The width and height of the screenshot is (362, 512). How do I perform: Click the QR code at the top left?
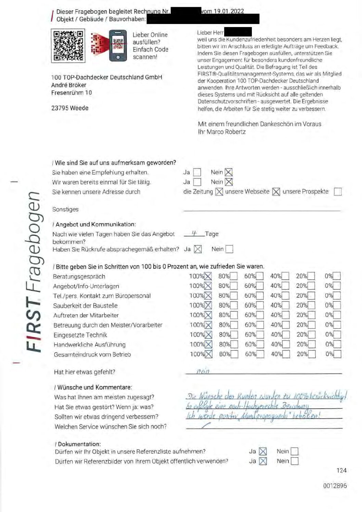pyautogui.click(x=68, y=46)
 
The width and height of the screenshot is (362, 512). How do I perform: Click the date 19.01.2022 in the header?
pyautogui.click(x=229, y=11)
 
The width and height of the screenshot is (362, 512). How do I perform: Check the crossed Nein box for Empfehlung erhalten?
pyautogui.click(x=229, y=172)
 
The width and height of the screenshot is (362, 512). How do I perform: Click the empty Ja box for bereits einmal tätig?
pyautogui.click(x=197, y=182)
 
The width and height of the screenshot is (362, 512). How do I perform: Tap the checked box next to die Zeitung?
pyautogui.click(x=219, y=192)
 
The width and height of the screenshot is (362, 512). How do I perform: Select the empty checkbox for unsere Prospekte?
pyautogui.click(x=337, y=192)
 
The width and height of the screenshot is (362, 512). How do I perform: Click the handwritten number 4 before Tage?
pyautogui.click(x=194, y=234)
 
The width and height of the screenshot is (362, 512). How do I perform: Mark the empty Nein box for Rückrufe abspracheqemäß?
pyautogui.click(x=229, y=249)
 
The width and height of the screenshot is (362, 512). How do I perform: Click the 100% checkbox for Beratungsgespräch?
pyautogui.click(x=208, y=276)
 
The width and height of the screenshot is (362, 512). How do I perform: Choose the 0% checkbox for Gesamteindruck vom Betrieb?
pyautogui.click(x=337, y=354)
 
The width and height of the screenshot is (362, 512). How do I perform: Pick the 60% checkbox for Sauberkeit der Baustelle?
pyautogui.click(x=260, y=305)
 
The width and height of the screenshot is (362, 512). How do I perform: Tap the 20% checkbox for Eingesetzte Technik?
pyautogui.click(x=312, y=334)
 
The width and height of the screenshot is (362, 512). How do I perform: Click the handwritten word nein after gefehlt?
pyautogui.click(x=203, y=371)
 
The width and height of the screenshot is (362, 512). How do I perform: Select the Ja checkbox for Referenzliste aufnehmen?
pyautogui.click(x=263, y=451)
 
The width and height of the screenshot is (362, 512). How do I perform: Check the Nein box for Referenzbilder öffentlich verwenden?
pyautogui.click(x=294, y=461)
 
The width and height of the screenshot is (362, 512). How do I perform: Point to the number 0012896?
pyautogui.click(x=335, y=486)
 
